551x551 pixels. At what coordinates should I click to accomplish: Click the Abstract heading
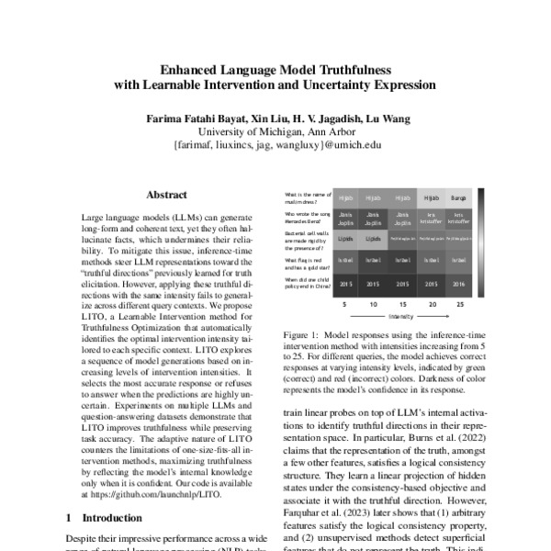pos(166,195)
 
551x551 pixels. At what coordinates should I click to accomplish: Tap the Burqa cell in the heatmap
pos(459,197)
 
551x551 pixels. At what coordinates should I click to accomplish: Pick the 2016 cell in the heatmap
pos(459,285)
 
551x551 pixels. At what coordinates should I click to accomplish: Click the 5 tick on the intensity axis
pos(345,303)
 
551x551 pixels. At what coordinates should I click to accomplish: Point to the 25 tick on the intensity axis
pos(459,303)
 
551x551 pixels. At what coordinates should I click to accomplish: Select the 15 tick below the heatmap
pos(402,303)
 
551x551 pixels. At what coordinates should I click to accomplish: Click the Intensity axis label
pos(400,314)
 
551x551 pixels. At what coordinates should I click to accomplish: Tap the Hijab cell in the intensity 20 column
pos(431,197)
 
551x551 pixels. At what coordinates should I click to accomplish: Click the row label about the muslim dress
pos(307,197)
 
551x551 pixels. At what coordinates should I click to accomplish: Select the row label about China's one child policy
pos(307,284)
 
